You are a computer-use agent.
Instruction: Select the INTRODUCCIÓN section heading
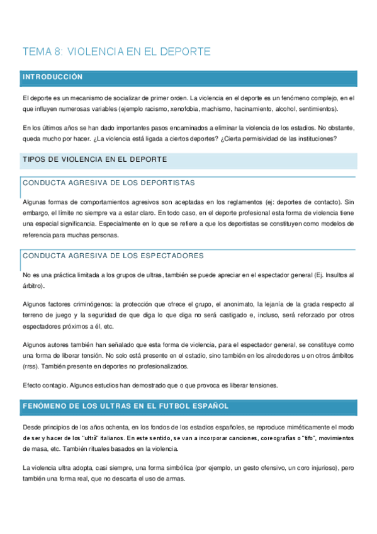[52, 77]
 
